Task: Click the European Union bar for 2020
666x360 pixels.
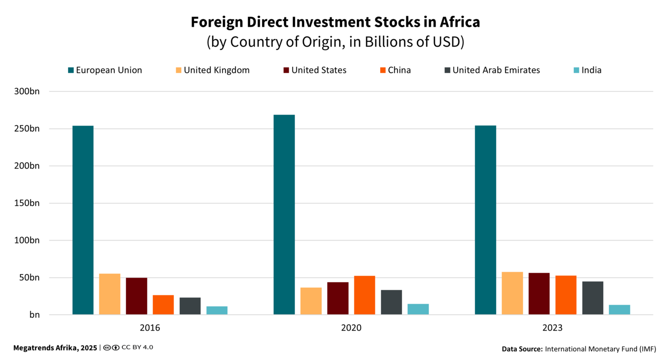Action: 284,214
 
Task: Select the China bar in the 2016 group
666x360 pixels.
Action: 163,305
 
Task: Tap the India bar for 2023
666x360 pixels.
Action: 619,310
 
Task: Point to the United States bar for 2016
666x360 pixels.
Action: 137,296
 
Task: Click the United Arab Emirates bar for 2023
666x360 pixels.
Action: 593,298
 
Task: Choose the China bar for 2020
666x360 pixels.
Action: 364,295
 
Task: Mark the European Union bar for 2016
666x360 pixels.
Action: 83,220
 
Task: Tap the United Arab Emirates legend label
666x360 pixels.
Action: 496,70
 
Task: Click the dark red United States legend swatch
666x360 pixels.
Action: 285,70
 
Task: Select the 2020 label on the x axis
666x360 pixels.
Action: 351,328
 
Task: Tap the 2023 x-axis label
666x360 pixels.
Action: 552,328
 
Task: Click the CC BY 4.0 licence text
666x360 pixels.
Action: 137,348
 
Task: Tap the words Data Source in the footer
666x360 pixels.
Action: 522,349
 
